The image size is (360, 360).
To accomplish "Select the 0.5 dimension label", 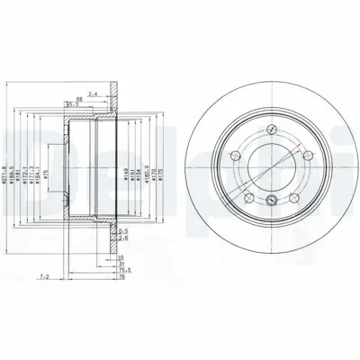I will pos(122,231).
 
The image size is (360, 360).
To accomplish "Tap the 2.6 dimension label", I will pos(122,238).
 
